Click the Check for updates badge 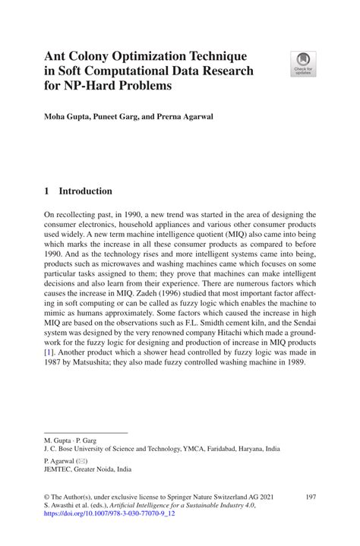[x=304, y=64]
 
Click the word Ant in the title [x=57, y=57]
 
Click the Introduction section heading [x=85, y=191]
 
